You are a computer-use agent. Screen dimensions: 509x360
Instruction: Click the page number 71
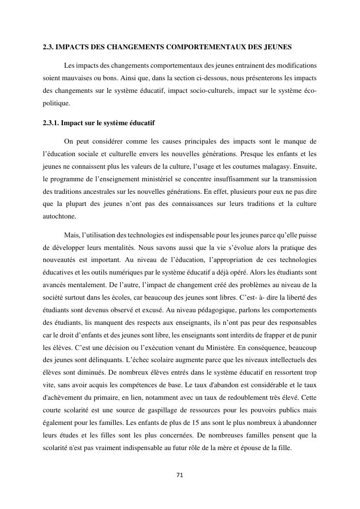coord(180,475)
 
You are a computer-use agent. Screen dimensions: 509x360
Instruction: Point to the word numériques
coord(126,273)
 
